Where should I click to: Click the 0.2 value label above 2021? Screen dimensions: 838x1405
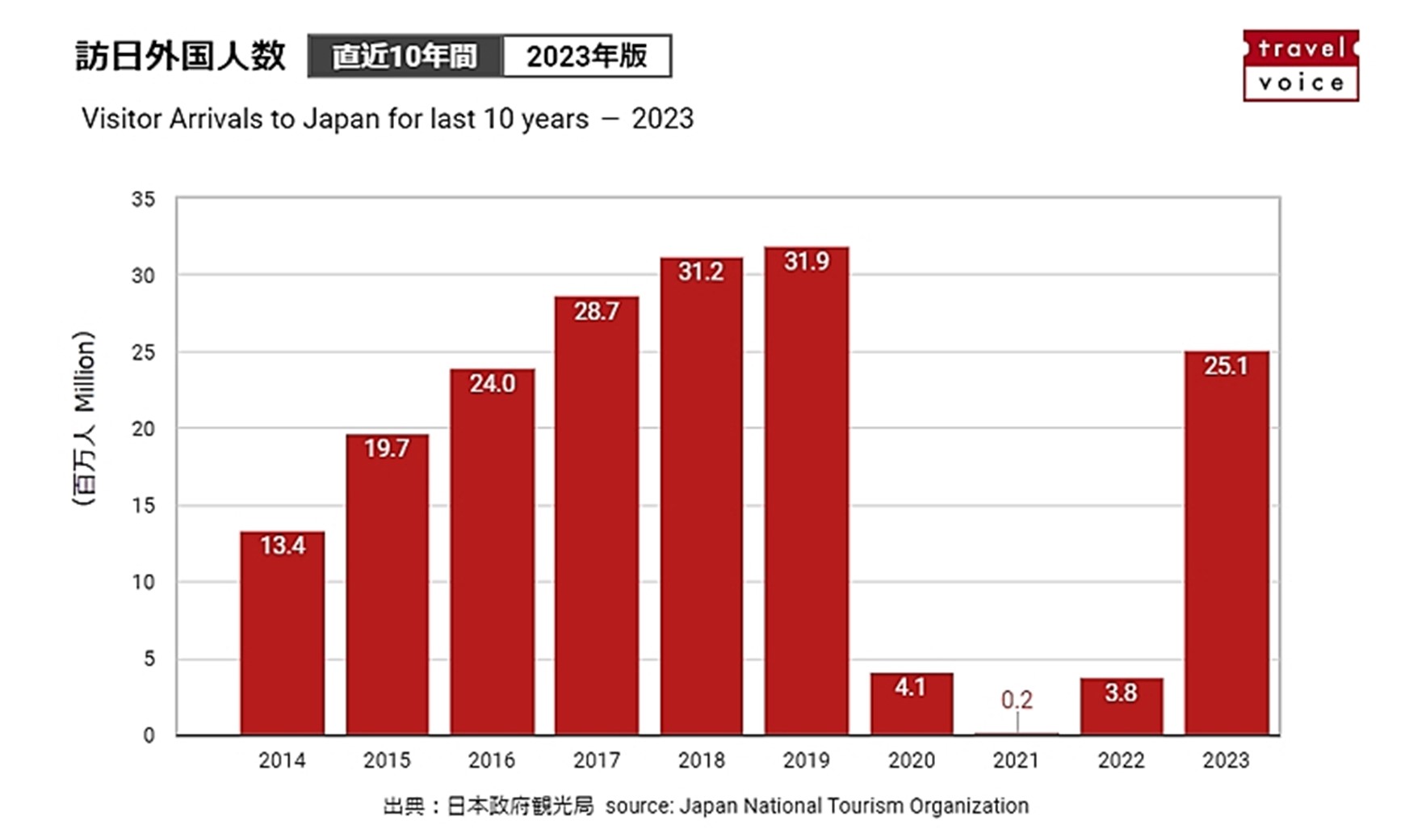click(x=1016, y=699)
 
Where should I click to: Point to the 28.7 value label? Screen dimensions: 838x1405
click(x=596, y=311)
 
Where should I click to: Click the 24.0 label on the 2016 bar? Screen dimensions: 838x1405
click(x=492, y=383)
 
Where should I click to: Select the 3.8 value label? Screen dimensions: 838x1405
click(x=1121, y=693)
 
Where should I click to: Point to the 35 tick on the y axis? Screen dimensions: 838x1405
click(x=143, y=200)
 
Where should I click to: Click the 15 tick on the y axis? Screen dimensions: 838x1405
click(x=143, y=506)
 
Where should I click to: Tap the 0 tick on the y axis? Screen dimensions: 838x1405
click(x=149, y=735)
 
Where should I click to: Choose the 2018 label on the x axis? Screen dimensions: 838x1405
click(x=701, y=760)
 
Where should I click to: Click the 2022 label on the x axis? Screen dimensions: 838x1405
click(x=1121, y=760)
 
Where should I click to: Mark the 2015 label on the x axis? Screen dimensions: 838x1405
click(x=387, y=760)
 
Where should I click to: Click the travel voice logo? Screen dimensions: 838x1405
click(x=1300, y=65)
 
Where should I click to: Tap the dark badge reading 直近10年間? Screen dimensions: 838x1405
click(x=405, y=56)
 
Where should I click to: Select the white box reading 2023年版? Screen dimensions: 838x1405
click(x=586, y=56)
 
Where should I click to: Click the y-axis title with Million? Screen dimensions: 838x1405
click(x=85, y=418)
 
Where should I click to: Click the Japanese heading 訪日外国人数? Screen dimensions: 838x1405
click(x=181, y=56)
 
